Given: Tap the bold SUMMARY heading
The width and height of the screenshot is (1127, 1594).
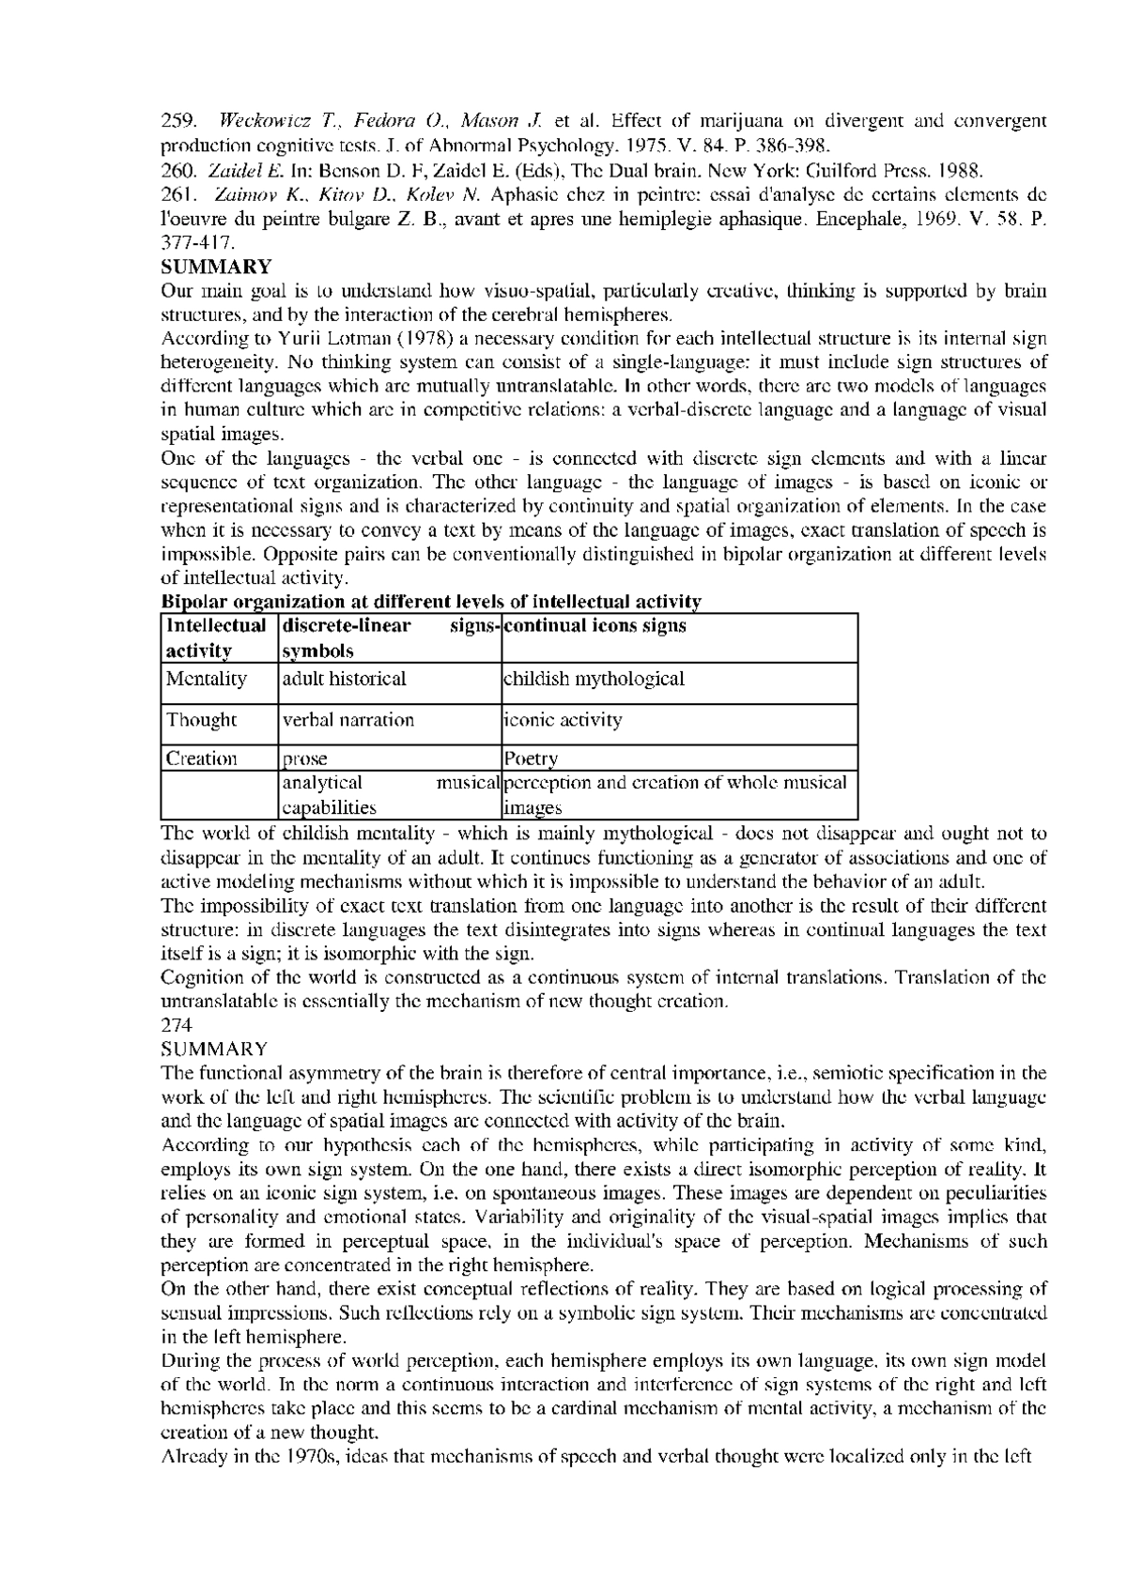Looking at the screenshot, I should point(217,267).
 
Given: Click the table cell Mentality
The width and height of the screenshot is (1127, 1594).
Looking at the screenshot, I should point(206,679).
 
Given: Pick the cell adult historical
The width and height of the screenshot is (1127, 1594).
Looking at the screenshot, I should point(345,679).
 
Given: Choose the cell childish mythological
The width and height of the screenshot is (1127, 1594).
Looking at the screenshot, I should point(594,679).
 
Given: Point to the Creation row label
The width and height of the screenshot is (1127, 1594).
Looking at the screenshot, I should point(201,759).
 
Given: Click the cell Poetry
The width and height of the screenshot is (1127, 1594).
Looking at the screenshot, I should point(531,759).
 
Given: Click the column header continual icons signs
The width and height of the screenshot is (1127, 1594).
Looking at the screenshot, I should point(595,626).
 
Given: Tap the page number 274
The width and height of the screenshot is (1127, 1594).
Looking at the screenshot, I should point(177,1025).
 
